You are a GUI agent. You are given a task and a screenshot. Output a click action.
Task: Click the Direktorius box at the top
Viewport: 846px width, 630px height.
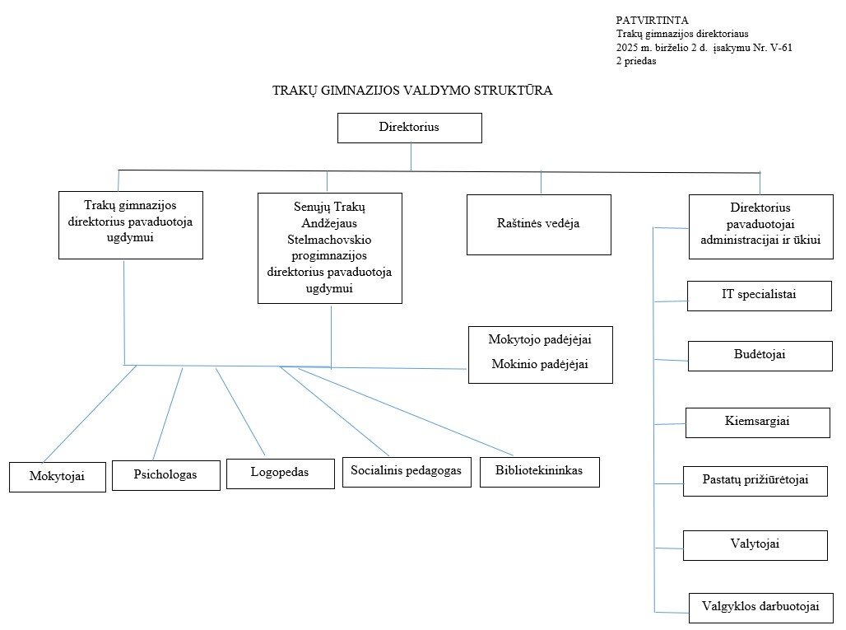click(409, 128)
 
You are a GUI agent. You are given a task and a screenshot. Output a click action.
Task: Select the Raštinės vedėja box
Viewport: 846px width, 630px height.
click(538, 224)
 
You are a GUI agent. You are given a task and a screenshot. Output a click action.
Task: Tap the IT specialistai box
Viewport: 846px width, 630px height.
click(759, 295)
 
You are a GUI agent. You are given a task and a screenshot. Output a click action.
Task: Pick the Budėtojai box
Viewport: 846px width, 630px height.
click(760, 355)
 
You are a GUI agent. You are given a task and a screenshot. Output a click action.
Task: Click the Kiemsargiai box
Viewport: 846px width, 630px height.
click(758, 422)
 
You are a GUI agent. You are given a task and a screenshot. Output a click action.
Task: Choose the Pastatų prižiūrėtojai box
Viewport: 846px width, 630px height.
click(755, 480)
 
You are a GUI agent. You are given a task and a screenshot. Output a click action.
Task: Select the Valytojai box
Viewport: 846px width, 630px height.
click(755, 544)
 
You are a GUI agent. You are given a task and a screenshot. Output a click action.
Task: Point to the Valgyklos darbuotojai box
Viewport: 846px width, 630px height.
click(760, 608)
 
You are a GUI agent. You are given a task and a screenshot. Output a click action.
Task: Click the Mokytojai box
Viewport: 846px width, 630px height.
click(57, 477)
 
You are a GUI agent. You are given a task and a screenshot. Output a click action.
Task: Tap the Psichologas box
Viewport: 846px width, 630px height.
click(165, 475)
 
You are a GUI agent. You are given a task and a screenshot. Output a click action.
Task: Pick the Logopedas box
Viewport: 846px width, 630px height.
click(280, 473)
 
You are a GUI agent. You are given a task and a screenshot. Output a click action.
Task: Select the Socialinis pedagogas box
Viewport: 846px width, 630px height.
click(406, 471)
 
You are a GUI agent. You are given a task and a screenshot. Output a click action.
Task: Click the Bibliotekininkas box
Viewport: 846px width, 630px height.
click(539, 471)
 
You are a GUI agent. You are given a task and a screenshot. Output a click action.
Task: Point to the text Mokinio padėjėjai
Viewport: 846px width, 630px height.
click(540, 365)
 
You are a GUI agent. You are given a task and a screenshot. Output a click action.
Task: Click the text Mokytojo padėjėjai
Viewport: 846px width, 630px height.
click(540, 339)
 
